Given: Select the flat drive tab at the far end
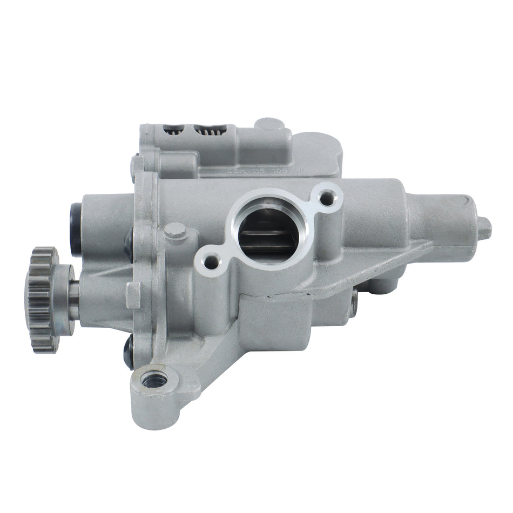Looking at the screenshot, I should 485,227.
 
